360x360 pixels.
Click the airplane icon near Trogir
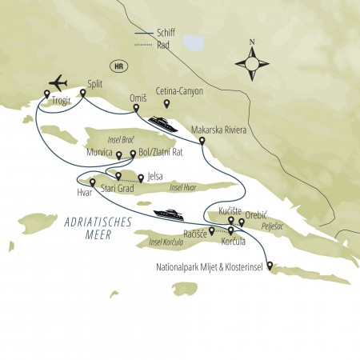59,83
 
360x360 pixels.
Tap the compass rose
252,59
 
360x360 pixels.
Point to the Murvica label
99,150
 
